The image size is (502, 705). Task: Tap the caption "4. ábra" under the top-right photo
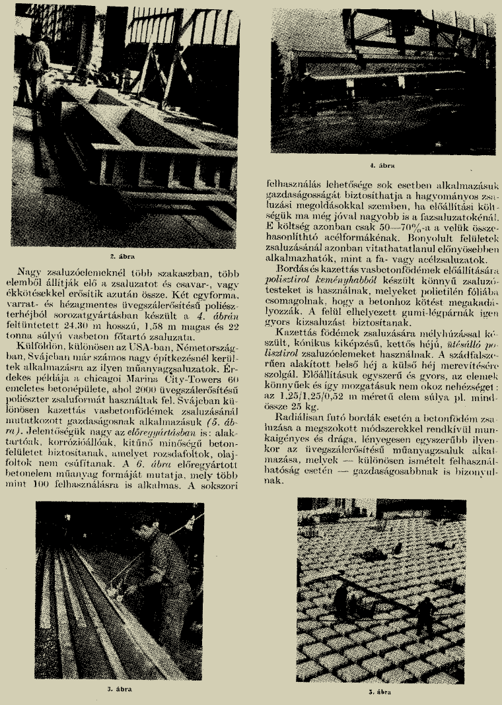379,161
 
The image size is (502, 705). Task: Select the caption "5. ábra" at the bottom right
378,692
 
